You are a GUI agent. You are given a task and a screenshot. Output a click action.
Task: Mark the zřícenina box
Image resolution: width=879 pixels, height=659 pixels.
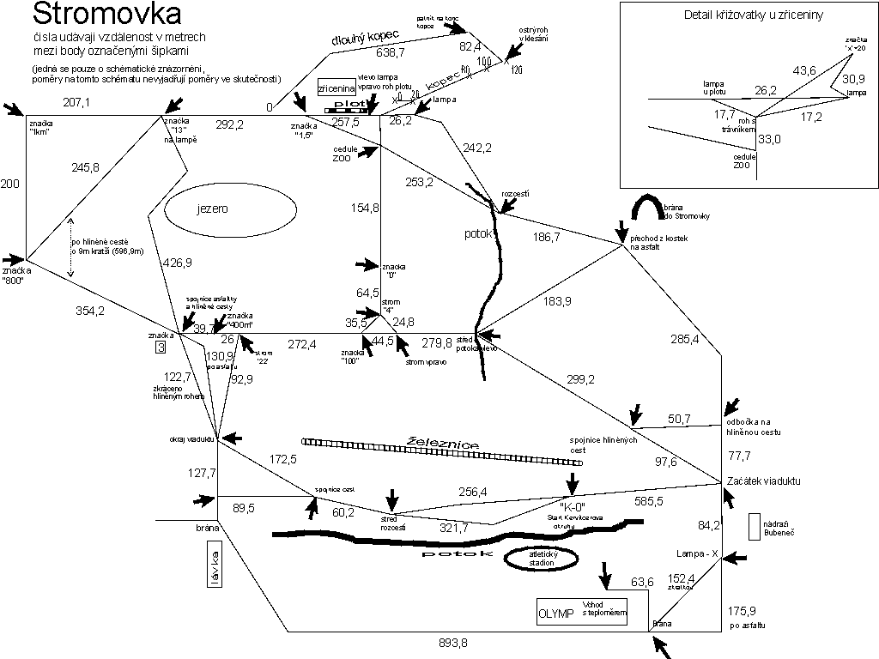[x=336, y=88]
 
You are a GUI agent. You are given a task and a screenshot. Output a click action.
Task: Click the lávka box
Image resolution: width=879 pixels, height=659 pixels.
[x=214, y=569]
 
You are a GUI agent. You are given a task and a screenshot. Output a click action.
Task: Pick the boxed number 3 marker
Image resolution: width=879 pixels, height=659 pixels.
[x=161, y=348]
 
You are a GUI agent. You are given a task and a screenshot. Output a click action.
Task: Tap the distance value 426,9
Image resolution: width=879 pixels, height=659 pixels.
[x=178, y=263]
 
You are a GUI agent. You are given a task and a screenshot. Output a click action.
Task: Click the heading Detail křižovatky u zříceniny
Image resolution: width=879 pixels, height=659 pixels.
[x=743, y=15]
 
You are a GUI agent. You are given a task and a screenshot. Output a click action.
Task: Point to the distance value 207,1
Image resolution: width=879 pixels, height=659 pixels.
[x=76, y=103]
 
